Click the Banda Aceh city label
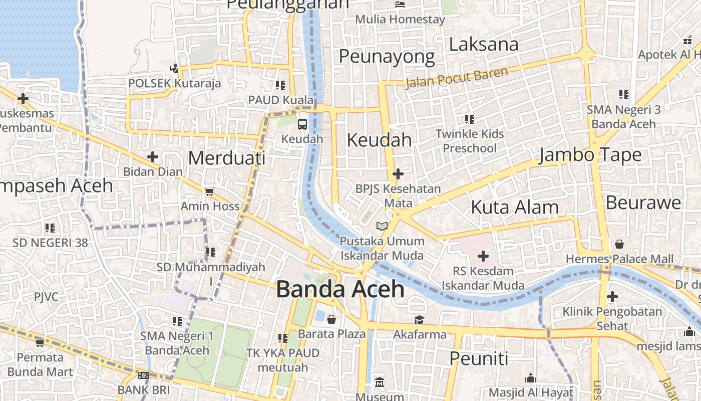(x=340, y=290)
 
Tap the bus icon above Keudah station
(x=302, y=124)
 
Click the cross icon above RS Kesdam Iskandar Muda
(x=483, y=257)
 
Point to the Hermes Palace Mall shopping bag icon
(x=619, y=244)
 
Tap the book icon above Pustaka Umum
(x=382, y=227)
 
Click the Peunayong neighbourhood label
(x=387, y=57)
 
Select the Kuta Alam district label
(x=515, y=207)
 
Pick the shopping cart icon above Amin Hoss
(x=209, y=191)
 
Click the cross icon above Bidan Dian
(x=153, y=157)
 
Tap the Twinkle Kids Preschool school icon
(x=469, y=119)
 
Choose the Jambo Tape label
(x=590, y=155)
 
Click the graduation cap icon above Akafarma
(x=419, y=320)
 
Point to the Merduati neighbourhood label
(x=227, y=158)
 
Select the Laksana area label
(x=483, y=45)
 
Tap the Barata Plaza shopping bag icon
(x=331, y=319)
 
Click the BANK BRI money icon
(x=144, y=375)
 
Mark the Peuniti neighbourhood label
(x=479, y=358)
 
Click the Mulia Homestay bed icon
(x=400, y=5)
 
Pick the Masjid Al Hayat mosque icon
(x=531, y=378)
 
